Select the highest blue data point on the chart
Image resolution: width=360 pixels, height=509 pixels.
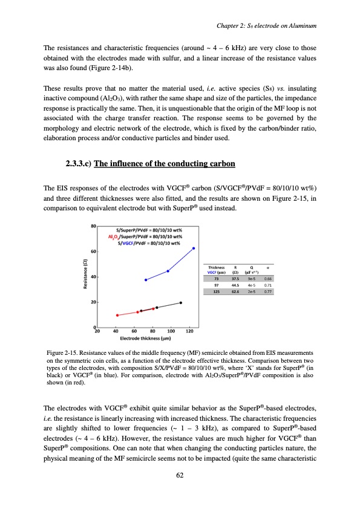194,248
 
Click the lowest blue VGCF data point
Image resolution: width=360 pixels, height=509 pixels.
146,280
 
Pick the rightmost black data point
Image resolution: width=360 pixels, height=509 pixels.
181,302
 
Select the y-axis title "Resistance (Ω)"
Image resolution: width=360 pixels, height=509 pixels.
86,276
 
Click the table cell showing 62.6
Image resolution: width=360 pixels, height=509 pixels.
230,291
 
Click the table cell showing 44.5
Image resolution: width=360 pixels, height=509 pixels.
230,285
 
